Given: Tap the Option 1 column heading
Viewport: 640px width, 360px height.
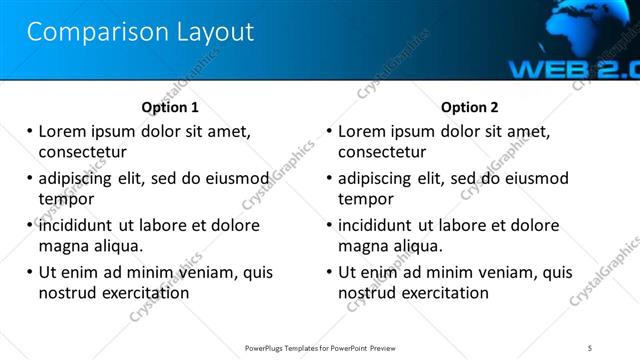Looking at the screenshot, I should click(x=170, y=107).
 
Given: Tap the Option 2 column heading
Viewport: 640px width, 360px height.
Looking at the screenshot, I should click(x=469, y=107).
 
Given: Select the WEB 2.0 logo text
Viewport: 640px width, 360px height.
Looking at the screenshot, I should click(x=573, y=69).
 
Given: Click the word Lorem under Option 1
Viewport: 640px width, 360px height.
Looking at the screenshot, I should click(x=63, y=131).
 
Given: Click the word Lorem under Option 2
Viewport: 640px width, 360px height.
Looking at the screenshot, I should click(x=363, y=131).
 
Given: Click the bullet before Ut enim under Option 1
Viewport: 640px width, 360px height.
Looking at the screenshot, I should click(x=30, y=272).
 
